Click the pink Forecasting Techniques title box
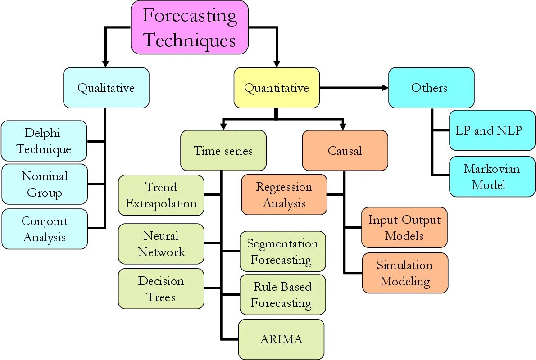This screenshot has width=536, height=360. [190, 27]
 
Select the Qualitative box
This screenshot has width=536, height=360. [106, 88]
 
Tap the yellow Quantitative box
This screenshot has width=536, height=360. [277, 88]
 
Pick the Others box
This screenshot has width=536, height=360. [431, 88]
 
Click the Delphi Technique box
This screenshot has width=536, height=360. [44, 141]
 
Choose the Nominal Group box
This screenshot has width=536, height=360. [44, 184]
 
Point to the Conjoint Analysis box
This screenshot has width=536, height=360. [44, 229]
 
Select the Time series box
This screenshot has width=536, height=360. [223, 150]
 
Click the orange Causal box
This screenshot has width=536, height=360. [345, 150]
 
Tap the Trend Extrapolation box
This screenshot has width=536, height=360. [161, 195]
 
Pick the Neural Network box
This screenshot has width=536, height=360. [161, 243]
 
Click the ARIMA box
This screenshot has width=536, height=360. [281, 339]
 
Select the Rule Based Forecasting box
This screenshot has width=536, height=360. [282, 295]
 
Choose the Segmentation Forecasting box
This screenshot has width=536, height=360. [282, 252]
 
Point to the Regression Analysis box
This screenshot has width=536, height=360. [284, 194]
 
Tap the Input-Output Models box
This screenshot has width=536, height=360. [404, 227]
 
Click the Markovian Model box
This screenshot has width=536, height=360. [492, 176]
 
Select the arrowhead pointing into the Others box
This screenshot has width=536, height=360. [384, 88]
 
